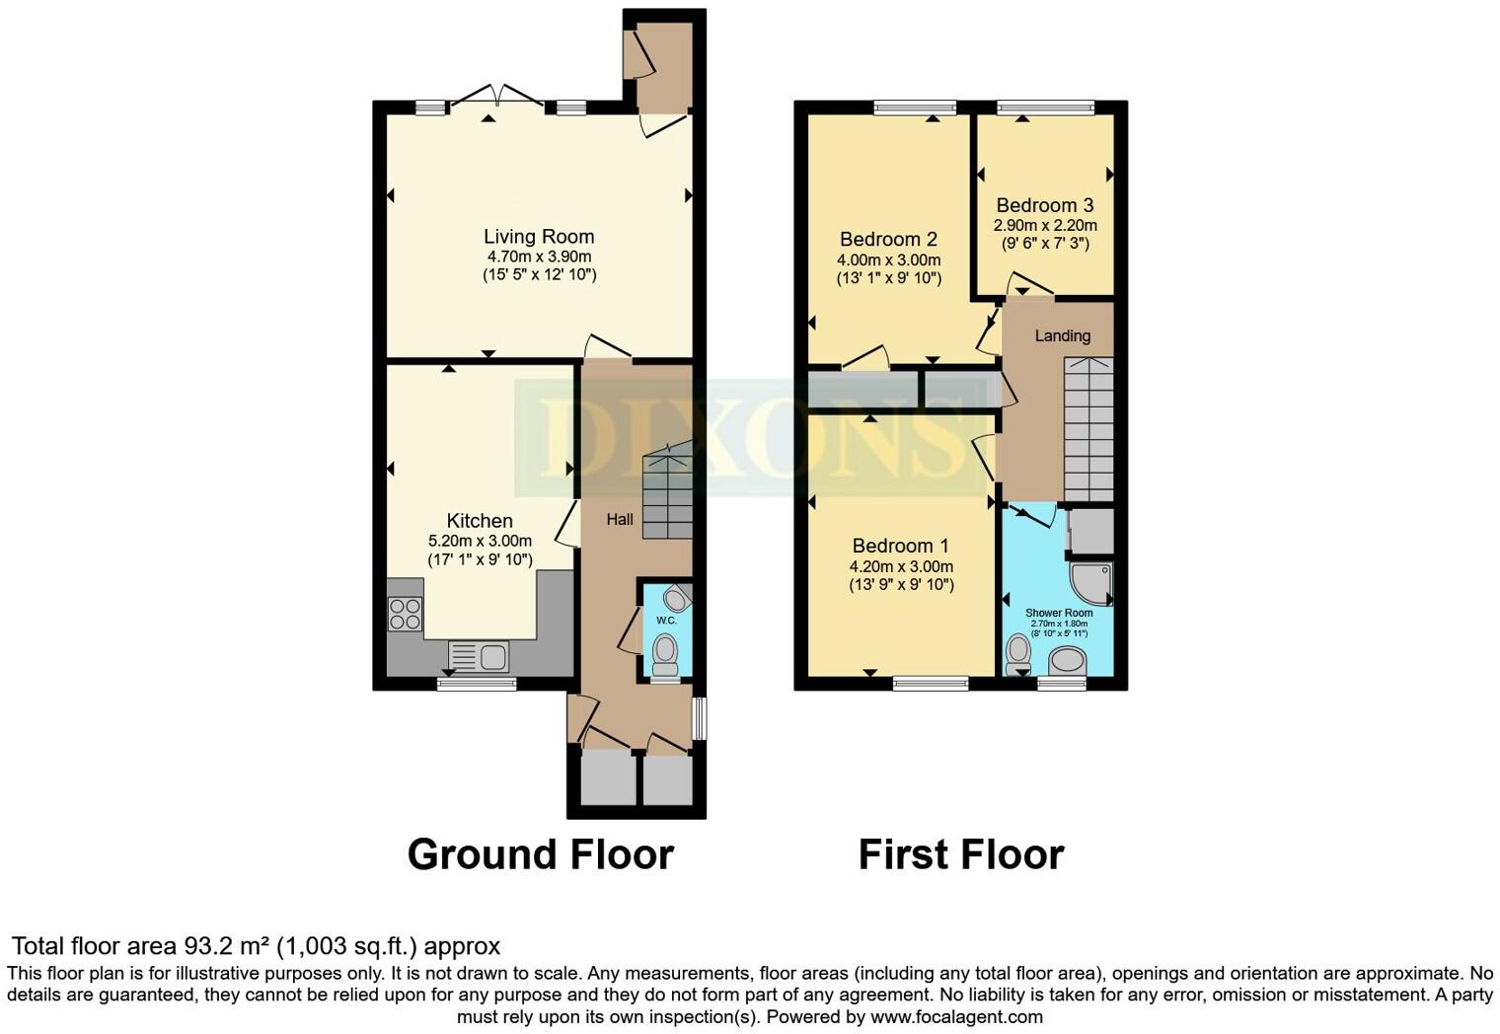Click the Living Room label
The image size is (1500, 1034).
pyautogui.click(x=539, y=237)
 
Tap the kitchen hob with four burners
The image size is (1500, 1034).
pyautogui.click(x=405, y=615)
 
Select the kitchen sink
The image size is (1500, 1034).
pyautogui.click(x=479, y=655)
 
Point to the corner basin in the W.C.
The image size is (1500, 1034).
pyautogui.click(x=677, y=598)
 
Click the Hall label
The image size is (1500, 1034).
pyautogui.click(x=620, y=519)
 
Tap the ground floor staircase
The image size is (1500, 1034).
pyautogui.click(x=668, y=493)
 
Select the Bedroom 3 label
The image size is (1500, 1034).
pyautogui.click(x=1044, y=205)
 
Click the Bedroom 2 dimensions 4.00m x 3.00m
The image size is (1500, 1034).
pyautogui.click(x=889, y=260)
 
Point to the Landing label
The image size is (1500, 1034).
pyautogui.click(x=1062, y=335)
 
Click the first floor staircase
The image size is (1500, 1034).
pyautogui.click(x=1088, y=429)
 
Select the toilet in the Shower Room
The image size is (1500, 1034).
pyautogui.click(x=1017, y=654)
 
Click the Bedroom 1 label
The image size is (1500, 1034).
pyautogui.click(x=900, y=546)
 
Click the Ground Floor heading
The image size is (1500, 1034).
pyautogui.click(x=540, y=854)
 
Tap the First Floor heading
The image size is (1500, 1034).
pyautogui.click(x=960, y=854)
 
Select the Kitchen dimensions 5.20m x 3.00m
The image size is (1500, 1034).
pyautogui.click(x=480, y=541)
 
